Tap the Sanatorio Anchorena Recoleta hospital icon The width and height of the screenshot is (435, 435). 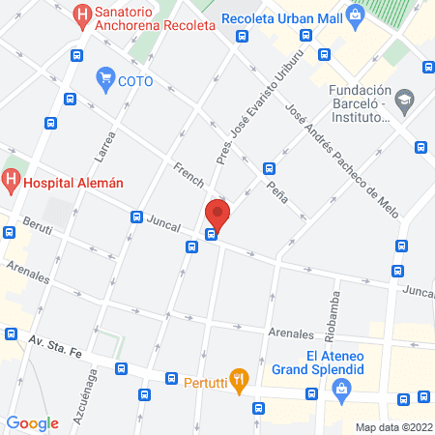[x=83, y=14]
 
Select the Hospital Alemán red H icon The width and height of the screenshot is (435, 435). [x=12, y=179]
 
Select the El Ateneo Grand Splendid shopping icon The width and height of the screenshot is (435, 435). [x=339, y=390]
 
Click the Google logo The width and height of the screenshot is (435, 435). [x=33, y=422]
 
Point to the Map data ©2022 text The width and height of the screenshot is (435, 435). [x=392, y=426]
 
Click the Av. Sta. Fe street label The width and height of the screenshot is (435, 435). [x=55, y=346]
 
